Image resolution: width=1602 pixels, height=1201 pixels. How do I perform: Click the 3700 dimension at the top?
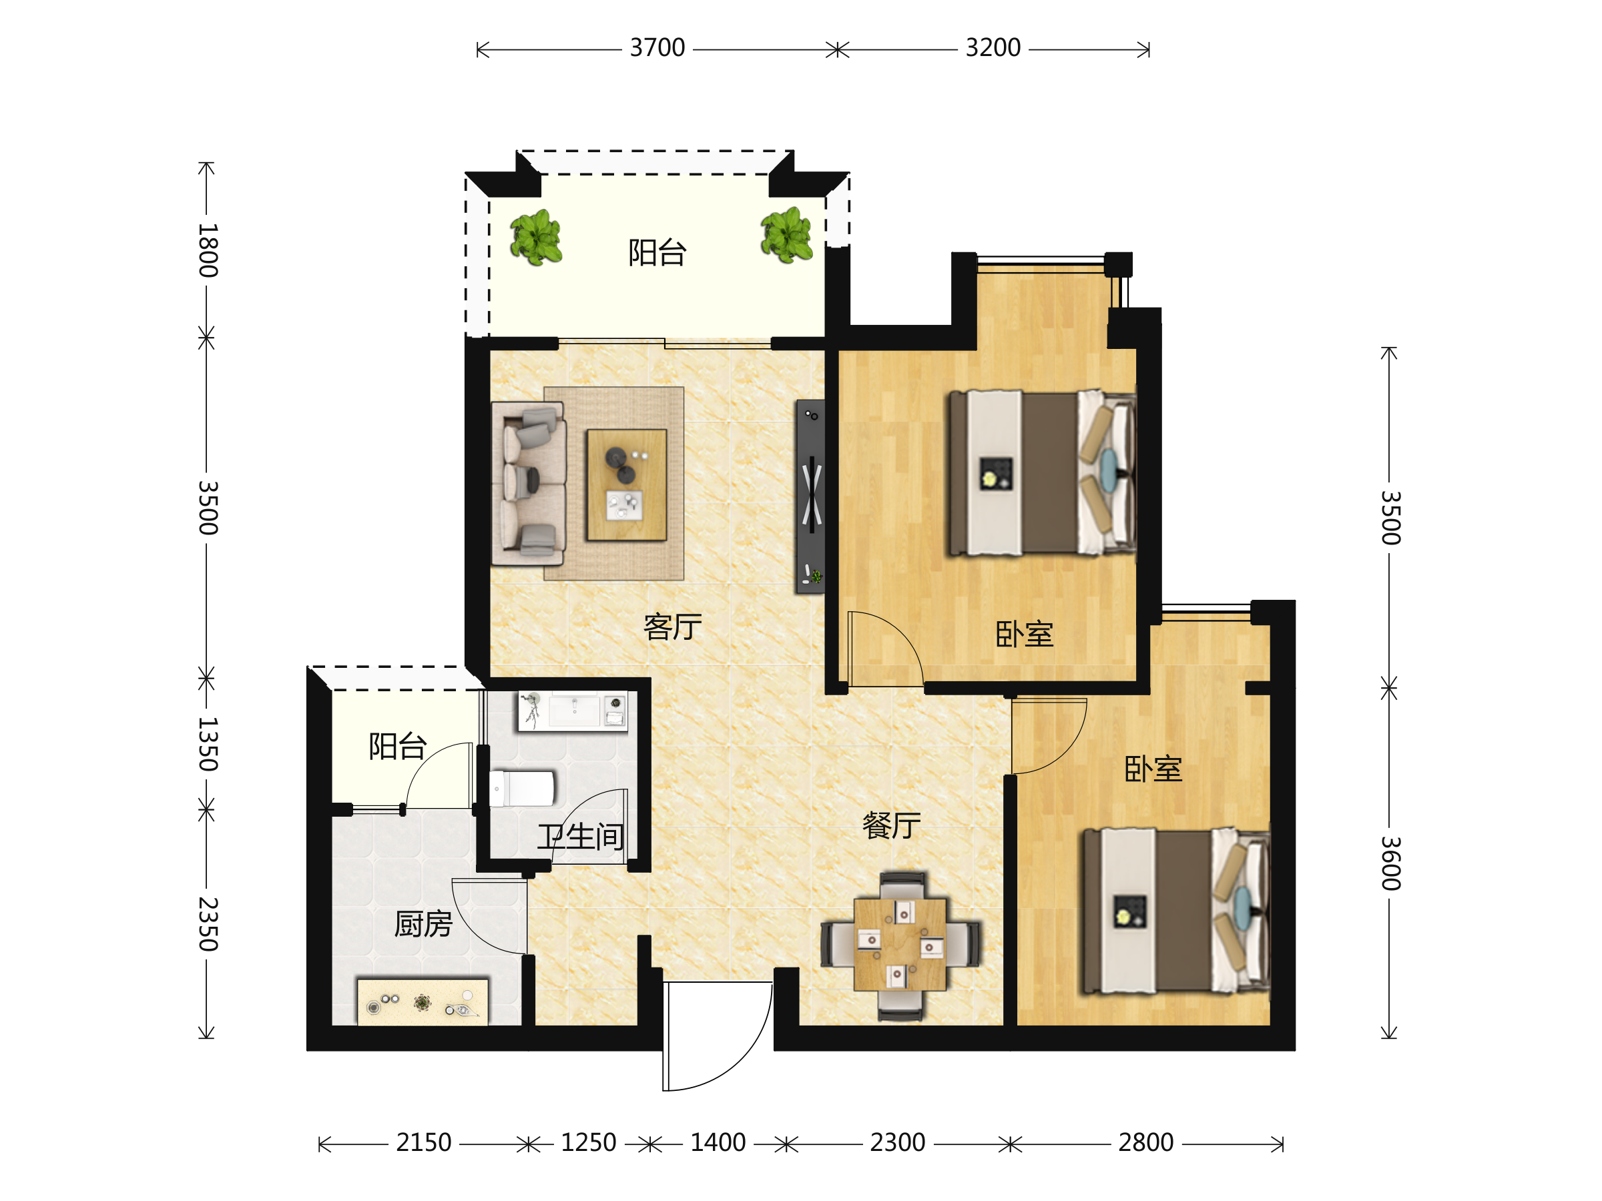(x=657, y=48)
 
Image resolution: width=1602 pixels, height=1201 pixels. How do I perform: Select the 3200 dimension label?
(x=993, y=48)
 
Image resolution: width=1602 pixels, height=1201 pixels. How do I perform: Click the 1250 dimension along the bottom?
(x=588, y=1142)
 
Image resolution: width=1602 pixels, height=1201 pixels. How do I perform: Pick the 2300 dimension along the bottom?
(x=897, y=1142)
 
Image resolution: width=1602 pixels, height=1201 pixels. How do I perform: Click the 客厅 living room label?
(x=673, y=627)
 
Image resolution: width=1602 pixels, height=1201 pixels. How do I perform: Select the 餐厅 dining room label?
(x=892, y=825)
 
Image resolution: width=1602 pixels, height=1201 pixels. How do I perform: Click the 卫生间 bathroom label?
(x=581, y=837)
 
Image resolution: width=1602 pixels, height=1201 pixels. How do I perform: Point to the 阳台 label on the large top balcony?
(x=657, y=253)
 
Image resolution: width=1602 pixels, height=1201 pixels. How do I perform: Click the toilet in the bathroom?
(x=522, y=789)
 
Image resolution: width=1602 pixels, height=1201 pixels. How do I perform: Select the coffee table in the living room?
(x=627, y=484)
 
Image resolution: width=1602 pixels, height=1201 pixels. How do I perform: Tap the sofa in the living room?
(x=529, y=484)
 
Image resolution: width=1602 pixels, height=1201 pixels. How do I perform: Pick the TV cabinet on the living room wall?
(x=810, y=496)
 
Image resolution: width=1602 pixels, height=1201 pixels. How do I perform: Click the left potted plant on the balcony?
(x=536, y=238)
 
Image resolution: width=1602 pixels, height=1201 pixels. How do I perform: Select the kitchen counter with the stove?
(x=423, y=1002)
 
